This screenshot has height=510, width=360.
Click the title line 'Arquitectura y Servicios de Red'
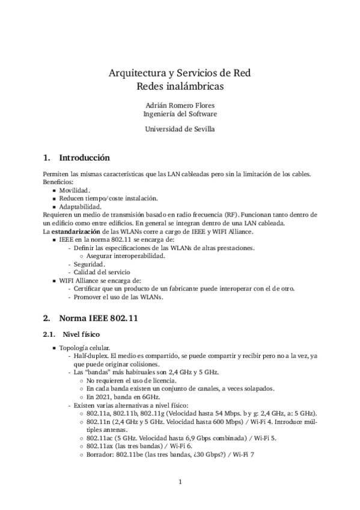179,74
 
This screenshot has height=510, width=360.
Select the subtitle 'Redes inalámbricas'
180,87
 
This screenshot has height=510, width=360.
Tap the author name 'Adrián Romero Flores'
180,104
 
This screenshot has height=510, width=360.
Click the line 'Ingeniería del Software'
180,113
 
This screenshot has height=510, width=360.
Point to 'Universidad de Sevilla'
180,128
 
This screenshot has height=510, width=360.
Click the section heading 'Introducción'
84,158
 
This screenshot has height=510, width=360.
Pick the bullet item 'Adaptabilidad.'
80,206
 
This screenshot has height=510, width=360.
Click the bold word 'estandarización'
67,230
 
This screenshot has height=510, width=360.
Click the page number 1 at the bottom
180,482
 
